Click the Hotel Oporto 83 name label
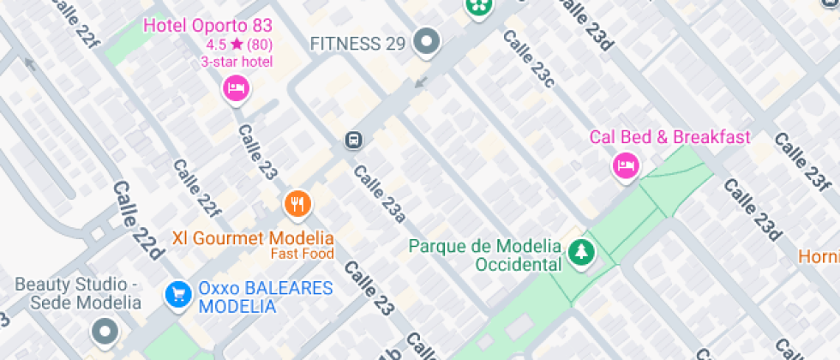207,25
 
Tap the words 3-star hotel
237,61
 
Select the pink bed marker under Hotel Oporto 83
236,87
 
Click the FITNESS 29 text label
357,43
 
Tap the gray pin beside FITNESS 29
426,40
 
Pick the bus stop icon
352,140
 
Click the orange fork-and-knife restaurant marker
297,203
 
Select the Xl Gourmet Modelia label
253,238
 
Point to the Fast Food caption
302,254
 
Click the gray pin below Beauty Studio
105,330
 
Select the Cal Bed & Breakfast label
669,137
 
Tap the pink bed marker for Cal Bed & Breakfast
626,165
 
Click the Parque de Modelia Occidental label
484,255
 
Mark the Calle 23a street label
379,194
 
